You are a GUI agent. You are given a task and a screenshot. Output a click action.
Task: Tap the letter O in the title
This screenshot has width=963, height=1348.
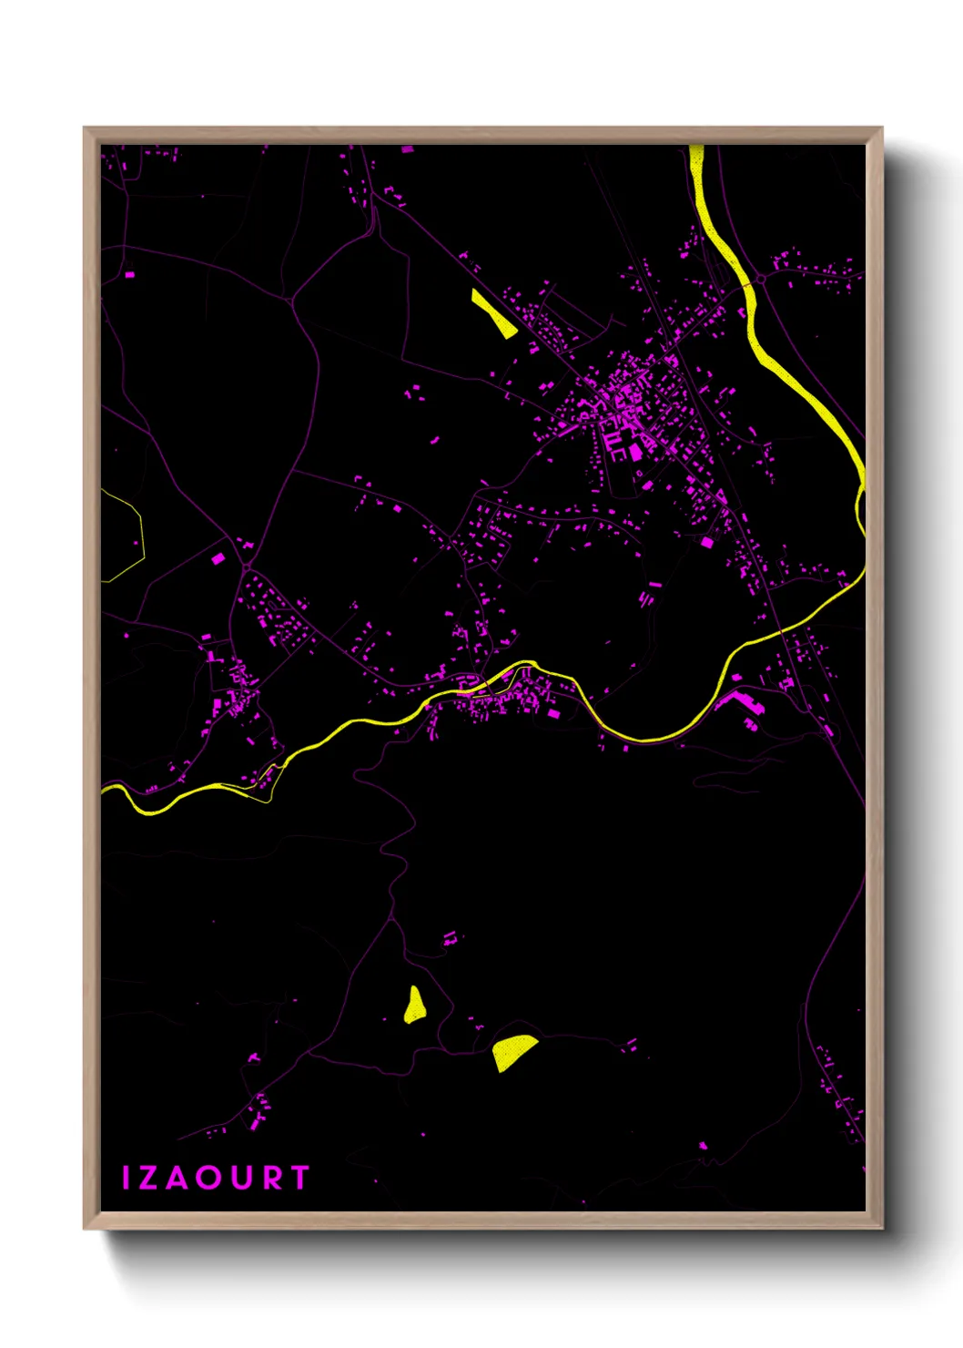208,1178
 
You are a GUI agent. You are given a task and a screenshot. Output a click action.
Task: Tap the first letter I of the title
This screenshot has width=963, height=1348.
127,1178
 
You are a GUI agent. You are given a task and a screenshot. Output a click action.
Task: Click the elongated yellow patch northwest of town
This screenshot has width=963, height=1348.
493,313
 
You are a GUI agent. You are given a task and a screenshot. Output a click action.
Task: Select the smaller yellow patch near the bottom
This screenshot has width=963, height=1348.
415,1006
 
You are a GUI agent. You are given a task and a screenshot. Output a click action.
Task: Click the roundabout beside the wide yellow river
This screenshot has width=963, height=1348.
760,278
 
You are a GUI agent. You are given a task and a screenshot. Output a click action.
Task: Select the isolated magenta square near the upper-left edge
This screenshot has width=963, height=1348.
129,273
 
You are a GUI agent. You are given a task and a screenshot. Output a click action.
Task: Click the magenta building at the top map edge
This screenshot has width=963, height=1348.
407,148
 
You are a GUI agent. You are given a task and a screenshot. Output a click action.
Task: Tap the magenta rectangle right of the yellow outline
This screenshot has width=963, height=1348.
218,559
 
